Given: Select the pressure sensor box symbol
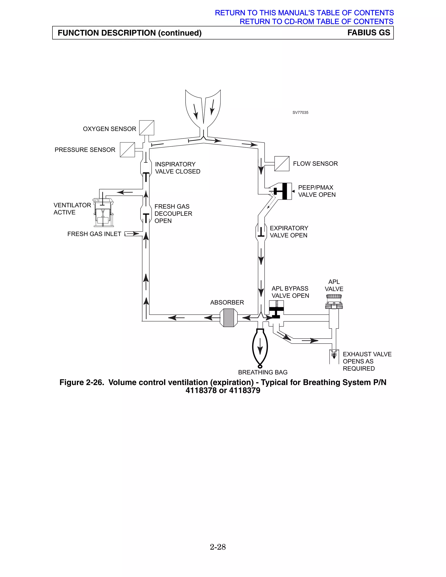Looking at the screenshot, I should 127,150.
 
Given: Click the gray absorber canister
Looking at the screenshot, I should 228,318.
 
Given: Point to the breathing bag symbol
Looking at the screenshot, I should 260,347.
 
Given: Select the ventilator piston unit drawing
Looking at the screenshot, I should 103,213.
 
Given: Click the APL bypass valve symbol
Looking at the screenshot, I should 276,312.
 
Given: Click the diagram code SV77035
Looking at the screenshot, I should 300,113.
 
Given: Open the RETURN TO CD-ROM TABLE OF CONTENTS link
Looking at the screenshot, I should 316,21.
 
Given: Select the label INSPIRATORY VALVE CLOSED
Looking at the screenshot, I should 177,168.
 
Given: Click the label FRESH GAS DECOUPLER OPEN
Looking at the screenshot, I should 173,213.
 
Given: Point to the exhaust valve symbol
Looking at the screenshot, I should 334,356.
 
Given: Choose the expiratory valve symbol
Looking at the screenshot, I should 261,232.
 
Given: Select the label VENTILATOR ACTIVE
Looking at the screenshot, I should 72,209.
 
